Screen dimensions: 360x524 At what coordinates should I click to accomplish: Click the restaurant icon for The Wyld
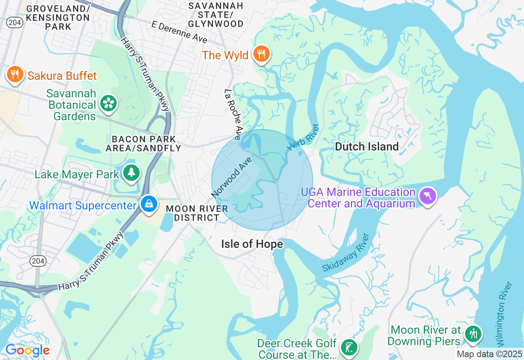(261, 54)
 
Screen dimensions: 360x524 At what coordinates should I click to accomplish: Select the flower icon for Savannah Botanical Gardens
(109, 103)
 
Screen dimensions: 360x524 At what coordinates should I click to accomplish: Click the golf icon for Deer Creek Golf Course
(349, 348)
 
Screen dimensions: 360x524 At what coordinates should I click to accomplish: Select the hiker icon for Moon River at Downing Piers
(474, 334)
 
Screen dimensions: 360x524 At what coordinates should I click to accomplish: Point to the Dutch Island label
(367, 147)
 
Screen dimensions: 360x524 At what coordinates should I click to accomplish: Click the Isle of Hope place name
(252, 244)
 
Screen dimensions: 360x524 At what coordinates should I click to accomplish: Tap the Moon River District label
(197, 213)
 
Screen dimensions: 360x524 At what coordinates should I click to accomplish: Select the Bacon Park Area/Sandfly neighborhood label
(143, 144)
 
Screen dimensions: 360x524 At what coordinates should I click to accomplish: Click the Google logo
(27, 351)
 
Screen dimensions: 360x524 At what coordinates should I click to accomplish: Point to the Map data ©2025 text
(489, 354)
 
